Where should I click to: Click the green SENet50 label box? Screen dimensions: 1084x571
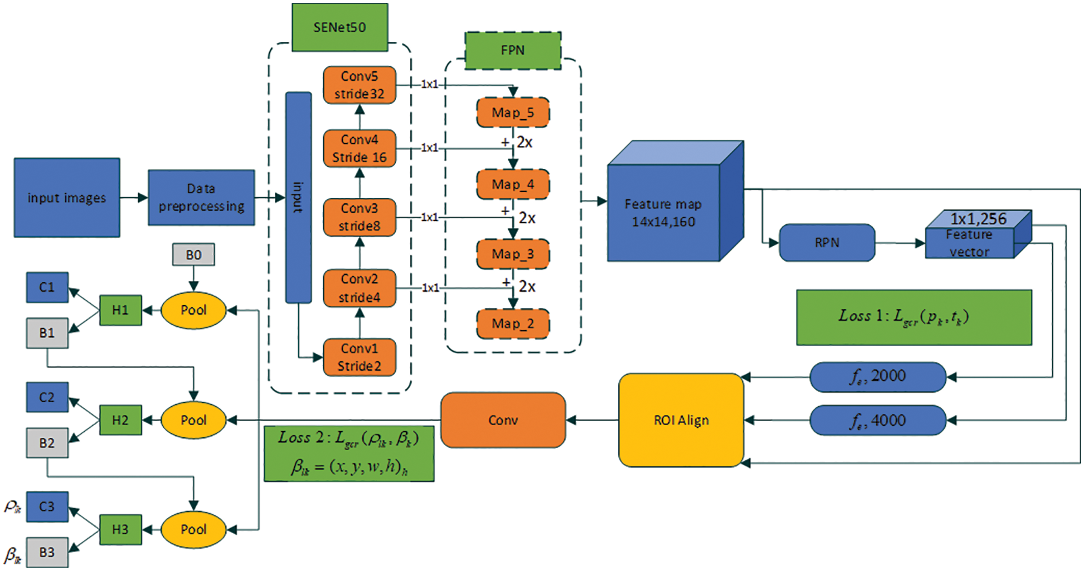click(x=340, y=27)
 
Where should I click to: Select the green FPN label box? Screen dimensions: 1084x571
click(x=513, y=50)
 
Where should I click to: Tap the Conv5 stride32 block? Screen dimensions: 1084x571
click(x=359, y=85)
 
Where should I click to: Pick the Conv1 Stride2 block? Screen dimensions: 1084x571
click(x=359, y=357)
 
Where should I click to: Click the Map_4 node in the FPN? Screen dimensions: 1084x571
click(x=513, y=184)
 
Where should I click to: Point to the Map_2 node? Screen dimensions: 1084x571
click(x=513, y=324)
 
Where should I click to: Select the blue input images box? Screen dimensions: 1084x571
click(x=67, y=198)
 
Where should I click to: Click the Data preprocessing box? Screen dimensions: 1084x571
click(x=201, y=198)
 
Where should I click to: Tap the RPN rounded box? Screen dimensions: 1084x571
click(x=827, y=242)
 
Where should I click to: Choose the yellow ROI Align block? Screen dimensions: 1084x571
click(x=681, y=420)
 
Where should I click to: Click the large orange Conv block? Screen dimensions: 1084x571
click(x=503, y=420)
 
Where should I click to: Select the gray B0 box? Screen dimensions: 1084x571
click(x=193, y=255)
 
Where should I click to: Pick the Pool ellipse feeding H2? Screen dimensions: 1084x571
click(x=193, y=420)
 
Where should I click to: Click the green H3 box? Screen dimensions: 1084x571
click(x=120, y=529)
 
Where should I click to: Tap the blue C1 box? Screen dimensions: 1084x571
click(x=47, y=287)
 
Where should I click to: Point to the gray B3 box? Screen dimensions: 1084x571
click(x=47, y=553)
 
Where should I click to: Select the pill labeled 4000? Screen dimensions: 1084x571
click(x=878, y=420)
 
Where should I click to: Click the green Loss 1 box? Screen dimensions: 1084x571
click(x=914, y=318)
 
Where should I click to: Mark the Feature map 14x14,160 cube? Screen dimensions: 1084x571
click(x=675, y=201)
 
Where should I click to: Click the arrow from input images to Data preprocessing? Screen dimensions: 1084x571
click(x=134, y=198)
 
